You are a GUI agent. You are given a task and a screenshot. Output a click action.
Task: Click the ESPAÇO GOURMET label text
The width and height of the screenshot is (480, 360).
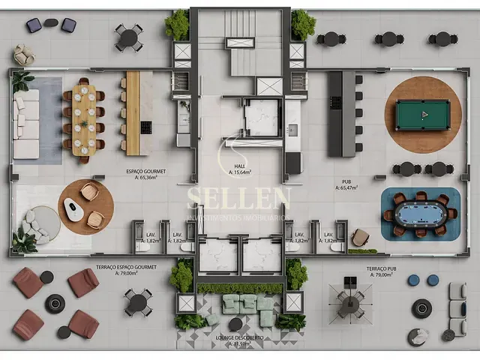145,172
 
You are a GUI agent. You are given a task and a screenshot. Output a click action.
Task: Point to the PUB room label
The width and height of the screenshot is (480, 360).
346,181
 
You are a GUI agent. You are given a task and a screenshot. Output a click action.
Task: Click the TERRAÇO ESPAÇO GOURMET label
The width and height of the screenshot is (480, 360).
127,267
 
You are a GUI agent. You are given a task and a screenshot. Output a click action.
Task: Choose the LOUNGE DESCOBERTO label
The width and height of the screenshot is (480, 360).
241,337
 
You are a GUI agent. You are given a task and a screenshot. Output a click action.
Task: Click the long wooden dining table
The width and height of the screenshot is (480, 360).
84,120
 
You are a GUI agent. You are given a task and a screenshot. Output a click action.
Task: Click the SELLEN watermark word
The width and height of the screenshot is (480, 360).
239,199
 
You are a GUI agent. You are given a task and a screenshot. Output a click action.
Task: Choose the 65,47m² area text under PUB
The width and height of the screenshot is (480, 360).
346,188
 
